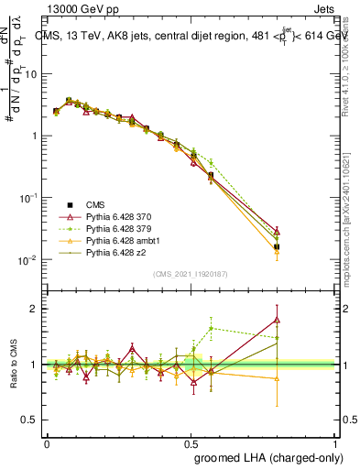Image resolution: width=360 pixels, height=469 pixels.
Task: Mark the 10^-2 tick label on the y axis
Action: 28,260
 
